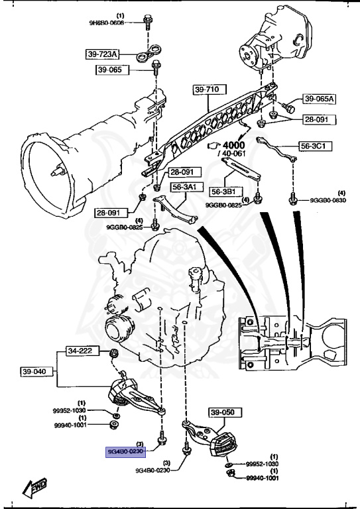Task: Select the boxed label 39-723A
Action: pos(102,54)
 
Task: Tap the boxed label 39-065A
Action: pos(320,99)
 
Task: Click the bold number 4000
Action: pos(234,144)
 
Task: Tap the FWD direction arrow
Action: pos(32,488)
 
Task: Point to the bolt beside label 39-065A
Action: pos(288,106)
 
